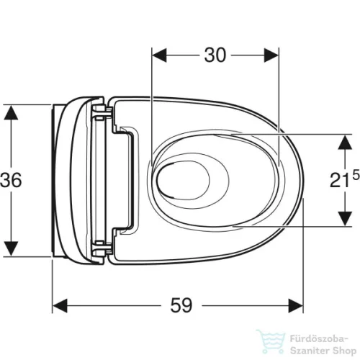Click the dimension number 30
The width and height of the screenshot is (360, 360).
pos(215,55)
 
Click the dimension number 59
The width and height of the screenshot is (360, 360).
pos(181,305)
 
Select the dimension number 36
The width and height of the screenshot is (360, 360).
pos(11,180)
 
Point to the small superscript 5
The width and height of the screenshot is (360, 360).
pos(356,175)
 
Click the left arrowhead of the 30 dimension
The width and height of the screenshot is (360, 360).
pos(159,55)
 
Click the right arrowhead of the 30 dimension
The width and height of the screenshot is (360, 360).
pos(271,55)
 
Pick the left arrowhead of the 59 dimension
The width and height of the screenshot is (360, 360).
pos(60,306)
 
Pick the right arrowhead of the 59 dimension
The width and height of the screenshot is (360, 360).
pos(296,306)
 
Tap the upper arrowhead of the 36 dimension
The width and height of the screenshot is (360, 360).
pos(11,112)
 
